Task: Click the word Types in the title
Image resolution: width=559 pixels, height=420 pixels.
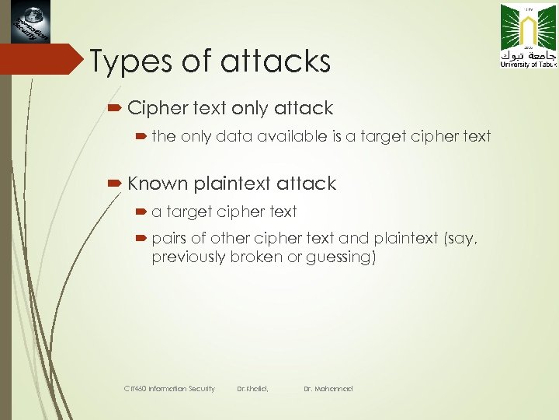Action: coord(127,61)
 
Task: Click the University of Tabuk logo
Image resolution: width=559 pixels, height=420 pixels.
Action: coord(524,36)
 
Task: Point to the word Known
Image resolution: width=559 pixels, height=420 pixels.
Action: coord(158,184)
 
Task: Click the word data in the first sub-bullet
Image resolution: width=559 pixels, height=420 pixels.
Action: coord(234,136)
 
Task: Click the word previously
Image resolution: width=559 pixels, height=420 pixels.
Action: coord(188,257)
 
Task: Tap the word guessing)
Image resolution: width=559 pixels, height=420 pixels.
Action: coord(342,257)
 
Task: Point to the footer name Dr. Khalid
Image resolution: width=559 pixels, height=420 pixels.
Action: coord(252,388)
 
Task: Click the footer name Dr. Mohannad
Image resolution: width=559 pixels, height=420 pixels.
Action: coord(328,388)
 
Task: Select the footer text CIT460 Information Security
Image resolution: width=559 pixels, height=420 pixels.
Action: coord(170,388)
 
